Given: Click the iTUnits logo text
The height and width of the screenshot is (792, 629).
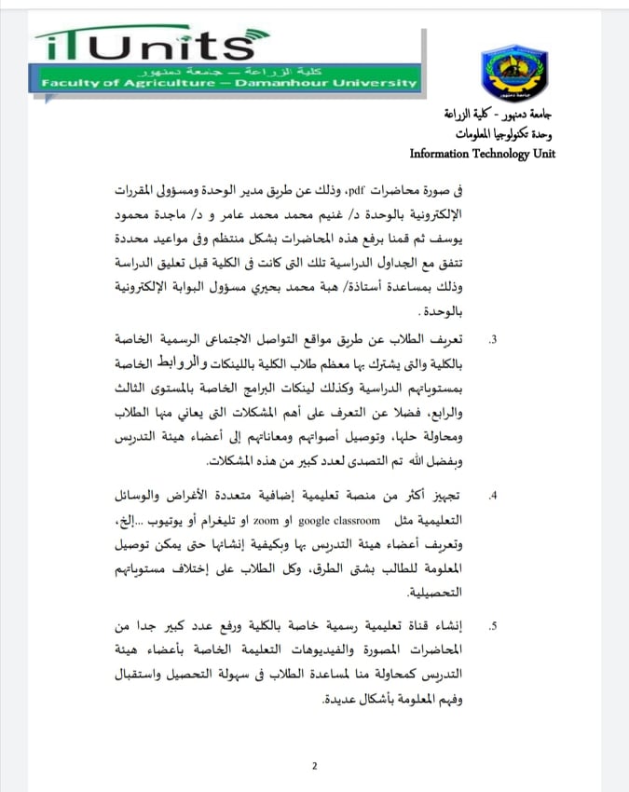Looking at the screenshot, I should pos(144,46).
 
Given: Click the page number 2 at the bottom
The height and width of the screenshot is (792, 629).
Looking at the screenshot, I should pos(314,766).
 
